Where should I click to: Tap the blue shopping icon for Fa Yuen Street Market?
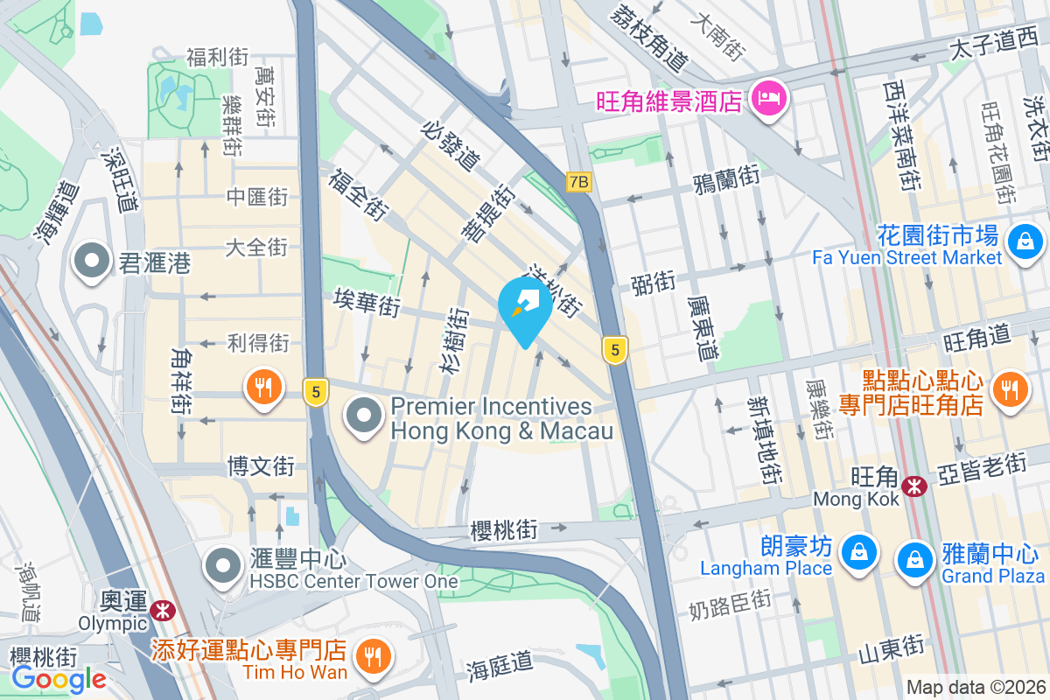point(1025,239)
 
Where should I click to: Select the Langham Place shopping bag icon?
point(859,551)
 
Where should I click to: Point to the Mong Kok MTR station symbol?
point(915,484)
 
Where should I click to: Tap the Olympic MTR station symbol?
point(161,610)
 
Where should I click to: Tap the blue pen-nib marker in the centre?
point(525,307)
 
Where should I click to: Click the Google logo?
point(59,679)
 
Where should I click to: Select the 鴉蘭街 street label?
point(725,179)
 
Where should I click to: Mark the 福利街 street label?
point(217,58)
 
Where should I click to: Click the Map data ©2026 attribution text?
point(975,688)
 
